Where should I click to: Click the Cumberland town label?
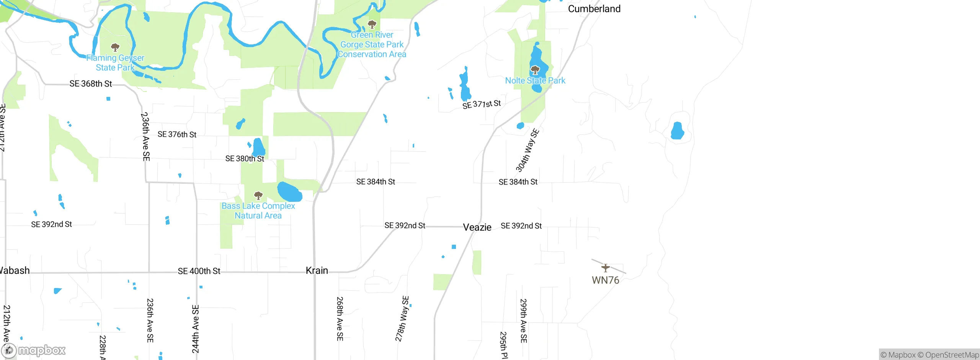click(594, 9)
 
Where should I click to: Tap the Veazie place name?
click(477, 227)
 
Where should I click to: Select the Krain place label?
click(317, 270)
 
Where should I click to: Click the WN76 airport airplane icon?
click(605, 268)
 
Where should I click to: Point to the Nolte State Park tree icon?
click(535, 70)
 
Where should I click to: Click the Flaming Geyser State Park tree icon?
click(115, 47)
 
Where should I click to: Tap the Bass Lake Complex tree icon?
click(258, 196)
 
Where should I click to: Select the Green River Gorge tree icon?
click(372, 25)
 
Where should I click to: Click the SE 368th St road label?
click(91, 83)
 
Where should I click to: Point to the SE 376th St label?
click(177, 134)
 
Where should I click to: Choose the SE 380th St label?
click(245, 159)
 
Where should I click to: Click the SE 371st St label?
click(482, 104)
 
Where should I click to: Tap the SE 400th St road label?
click(199, 271)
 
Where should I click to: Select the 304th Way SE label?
click(528, 151)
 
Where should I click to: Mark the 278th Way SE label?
click(402, 319)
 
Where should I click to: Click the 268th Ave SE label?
click(340, 319)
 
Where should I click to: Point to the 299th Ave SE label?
click(523, 321)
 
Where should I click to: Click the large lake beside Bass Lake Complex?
click(290, 192)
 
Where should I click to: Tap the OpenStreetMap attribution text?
click(952, 355)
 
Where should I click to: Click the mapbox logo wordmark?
click(42, 350)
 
